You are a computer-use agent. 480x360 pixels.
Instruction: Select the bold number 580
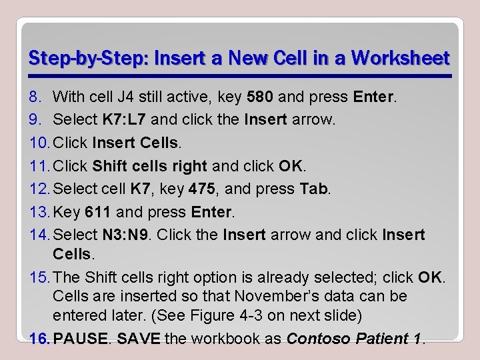[x=260, y=97]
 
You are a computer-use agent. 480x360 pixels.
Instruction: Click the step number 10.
[x=39, y=143]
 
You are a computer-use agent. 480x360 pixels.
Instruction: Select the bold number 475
[x=202, y=189]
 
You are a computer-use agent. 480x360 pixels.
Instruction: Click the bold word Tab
[x=314, y=189]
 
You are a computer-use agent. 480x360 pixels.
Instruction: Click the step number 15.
[x=39, y=277]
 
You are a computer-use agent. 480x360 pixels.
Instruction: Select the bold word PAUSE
[x=80, y=339]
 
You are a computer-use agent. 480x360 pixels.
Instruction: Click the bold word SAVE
[x=139, y=339]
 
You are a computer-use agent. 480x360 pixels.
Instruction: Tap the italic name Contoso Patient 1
[x=353, y=339]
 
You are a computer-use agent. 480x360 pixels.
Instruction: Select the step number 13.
[x=39, y=212]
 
